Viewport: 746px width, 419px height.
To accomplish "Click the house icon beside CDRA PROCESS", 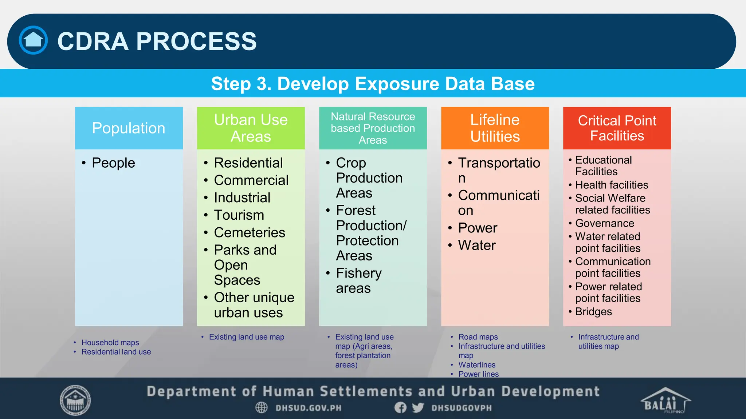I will click(x=33, y=40).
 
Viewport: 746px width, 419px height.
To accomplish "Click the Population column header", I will click(x=129, y=128).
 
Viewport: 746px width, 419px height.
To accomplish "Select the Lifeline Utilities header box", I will click(x=495, y=128).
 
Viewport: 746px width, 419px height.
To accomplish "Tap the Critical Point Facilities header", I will click(x=617, y=128).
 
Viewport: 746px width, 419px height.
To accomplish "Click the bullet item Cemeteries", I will click(x=249, y=232).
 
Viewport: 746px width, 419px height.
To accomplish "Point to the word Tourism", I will click(x=239, y=215).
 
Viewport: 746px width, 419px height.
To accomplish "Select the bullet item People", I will click(x=113, y=163).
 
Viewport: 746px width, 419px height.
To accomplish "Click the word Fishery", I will click(x=358, y=273).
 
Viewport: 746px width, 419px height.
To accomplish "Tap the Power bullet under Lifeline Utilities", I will click(x=477, y=228).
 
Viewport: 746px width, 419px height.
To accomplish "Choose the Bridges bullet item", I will click(x=593, y=312).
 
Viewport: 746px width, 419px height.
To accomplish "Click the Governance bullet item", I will click(x=604, y=223).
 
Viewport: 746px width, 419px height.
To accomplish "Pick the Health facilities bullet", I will click(x=611, y=185).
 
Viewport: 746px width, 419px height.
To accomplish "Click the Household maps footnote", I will click(x=110, y=343).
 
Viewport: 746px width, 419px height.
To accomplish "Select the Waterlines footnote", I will click(x=476, y=365).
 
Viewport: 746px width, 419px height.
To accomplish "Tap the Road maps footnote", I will click(x=478, y=337).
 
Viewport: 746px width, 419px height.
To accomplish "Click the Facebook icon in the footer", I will click(x=400, y=408).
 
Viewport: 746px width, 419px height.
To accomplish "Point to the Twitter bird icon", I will click(x=418, y=408).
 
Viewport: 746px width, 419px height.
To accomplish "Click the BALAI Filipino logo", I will click(x=665, y=401).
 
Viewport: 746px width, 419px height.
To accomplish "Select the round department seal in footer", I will click(x=75, y=400).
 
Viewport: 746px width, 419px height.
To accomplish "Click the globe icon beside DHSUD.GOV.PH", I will click(x=261, y=408).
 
